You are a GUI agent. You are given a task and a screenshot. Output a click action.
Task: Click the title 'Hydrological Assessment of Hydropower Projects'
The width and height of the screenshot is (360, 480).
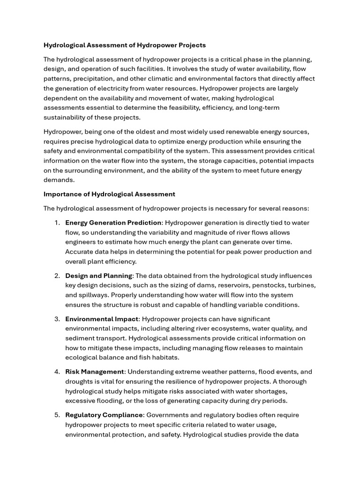click(125, 45)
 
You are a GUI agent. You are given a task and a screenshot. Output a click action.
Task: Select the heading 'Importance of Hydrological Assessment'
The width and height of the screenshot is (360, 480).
click(109, 194)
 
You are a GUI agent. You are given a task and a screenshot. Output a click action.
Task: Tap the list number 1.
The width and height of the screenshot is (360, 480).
click(57, 223)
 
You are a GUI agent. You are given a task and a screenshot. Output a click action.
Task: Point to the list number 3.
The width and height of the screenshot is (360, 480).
click(57, 319)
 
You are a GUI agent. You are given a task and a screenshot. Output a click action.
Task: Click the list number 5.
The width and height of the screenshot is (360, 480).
click(57, 415)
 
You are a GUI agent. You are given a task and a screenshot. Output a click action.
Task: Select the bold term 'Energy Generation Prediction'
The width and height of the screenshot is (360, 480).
click(113, 223)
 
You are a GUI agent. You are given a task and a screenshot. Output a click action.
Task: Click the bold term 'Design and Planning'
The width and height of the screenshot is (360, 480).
click(99, 276)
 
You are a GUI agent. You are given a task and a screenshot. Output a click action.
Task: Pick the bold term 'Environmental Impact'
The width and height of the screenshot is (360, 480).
click(102, 319)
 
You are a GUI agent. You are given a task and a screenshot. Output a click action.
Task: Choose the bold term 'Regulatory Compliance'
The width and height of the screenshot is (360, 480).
click(104, 415)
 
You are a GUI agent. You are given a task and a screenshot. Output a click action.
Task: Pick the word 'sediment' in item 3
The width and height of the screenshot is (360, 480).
click(80, 338)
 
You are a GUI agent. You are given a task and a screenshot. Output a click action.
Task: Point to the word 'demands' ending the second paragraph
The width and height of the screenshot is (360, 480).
click(59, 180)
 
